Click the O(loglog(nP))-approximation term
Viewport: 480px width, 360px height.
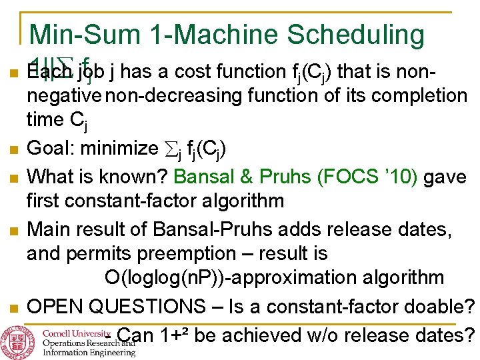[274, 278]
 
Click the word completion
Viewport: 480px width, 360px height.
[413, 96]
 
